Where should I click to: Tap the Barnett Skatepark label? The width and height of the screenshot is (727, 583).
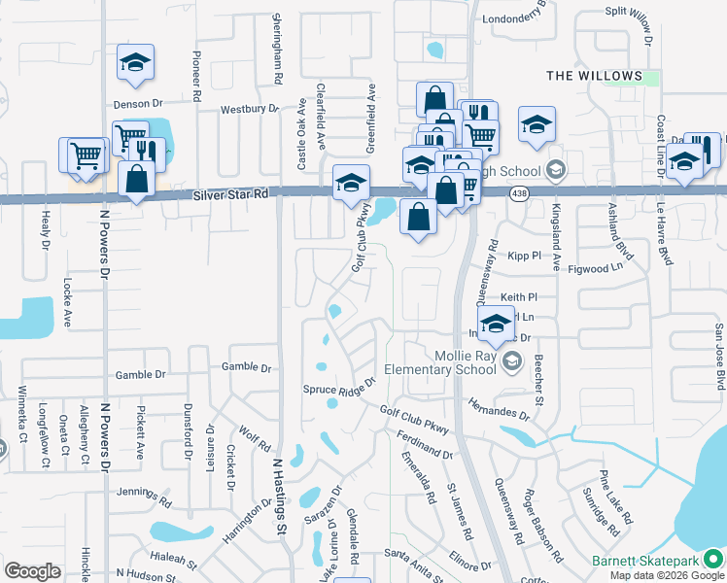(644, 562)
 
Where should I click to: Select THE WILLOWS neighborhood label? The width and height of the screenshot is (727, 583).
(594, 76)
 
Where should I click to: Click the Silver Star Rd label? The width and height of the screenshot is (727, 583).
(230, 195)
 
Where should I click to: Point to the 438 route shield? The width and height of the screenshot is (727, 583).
(520, 193)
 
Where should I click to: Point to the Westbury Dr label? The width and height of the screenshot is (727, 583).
(250, 110)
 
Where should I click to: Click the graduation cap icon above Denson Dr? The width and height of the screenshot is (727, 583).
(135, 64)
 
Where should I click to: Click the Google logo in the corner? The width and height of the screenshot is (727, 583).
(32, 570)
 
